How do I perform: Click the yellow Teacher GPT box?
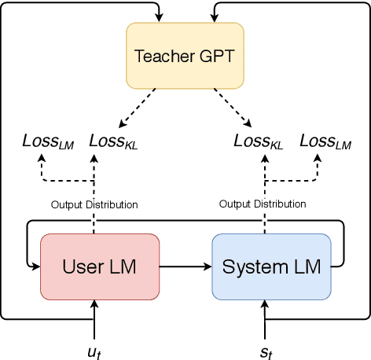(185, 56)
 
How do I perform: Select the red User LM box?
(99, 266)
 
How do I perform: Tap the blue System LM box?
(272, 266)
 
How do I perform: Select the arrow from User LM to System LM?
(185, 266)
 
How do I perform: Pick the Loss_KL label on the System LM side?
(259, 141)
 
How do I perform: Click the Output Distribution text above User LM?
(94, 204)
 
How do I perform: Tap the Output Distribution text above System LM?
(263, 204)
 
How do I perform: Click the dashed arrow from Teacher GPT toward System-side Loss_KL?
(232, 108)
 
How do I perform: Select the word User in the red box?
(80, 266)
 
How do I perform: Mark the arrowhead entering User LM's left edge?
(35, 266)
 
